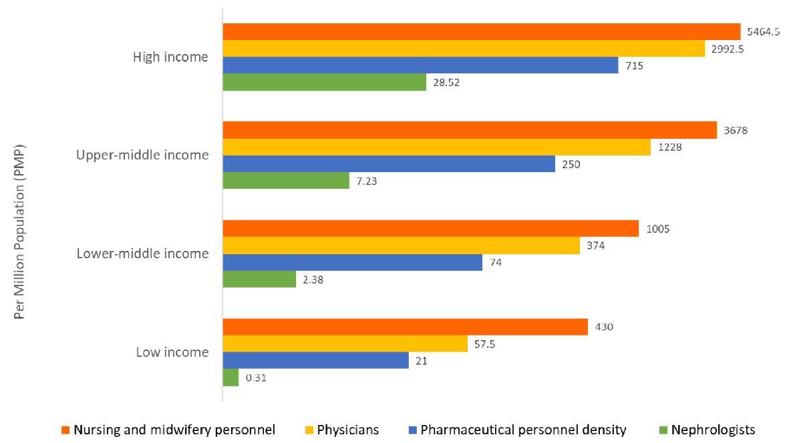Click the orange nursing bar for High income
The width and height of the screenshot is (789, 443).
tap(481, 31)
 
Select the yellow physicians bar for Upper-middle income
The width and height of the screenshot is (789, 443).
tap(436, 147)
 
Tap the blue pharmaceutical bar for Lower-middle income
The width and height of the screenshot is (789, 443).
tap(352, 262)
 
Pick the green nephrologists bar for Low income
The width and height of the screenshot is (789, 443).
tap(230, 378)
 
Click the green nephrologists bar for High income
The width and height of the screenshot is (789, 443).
tap(324, 82)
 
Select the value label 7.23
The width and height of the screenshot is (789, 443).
tap(368, 181)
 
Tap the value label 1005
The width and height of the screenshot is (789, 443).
tap(657, 229)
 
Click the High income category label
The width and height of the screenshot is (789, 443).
tap(170, 57)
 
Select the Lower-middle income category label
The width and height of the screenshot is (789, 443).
tap(142, 254)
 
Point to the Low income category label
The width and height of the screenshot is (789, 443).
tap(172, 352)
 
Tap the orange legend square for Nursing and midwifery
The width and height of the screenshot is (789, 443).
tap(65, 430)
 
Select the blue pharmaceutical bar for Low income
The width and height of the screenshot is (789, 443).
tap(315, 360)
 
